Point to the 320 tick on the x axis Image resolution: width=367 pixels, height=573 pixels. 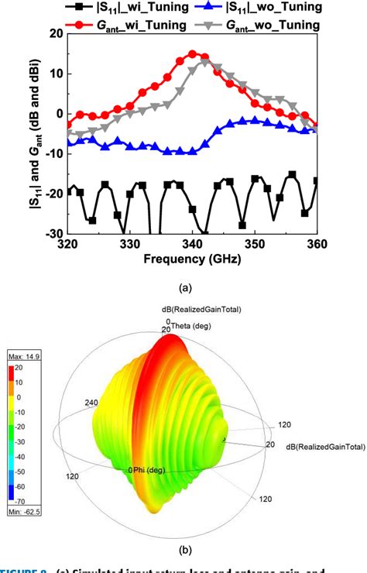pyautogui.click(x=68, y=243)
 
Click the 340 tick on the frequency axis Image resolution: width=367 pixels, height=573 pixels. pyautogui.click(x=192, y=243)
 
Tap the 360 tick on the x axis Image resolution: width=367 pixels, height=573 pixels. pyautogui.click(x=316, y=243)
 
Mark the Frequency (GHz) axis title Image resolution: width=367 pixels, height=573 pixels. pyautogui.click(x=191, y=259)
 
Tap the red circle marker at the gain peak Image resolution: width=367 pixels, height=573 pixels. pyautogui.click(x=193, y=54)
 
